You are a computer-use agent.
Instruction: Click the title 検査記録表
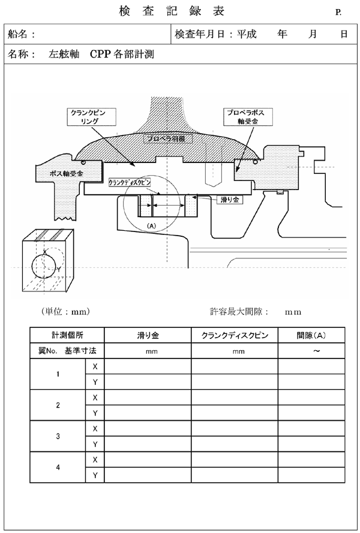(172, 11)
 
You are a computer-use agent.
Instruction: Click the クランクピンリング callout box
(92, 118)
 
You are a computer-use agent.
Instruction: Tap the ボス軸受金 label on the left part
(67, 173)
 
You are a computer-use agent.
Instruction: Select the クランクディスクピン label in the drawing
(130, 182)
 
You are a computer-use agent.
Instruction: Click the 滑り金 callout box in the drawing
(230, 200)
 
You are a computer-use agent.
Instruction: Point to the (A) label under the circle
(151, 225)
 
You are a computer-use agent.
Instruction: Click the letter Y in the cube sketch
(59, 270)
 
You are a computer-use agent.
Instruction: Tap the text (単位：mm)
(65, 311)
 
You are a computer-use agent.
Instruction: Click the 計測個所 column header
(67, 336)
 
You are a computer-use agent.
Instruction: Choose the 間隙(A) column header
(311, 336)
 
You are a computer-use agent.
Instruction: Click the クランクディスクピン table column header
(235, 336)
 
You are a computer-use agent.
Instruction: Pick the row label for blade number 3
(58, 436)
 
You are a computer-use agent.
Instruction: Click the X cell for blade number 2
(95, 398)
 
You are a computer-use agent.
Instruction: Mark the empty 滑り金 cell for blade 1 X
(148, 366)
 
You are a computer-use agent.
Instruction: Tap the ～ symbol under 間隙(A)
(316, 351)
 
